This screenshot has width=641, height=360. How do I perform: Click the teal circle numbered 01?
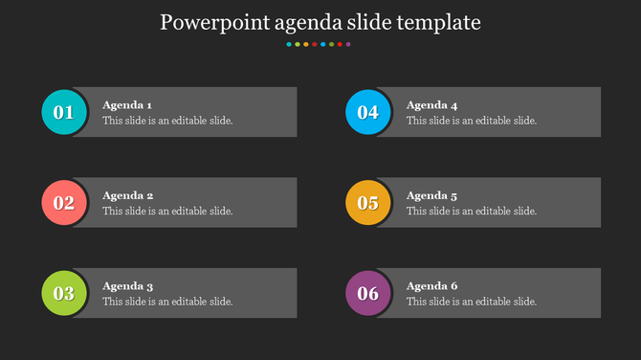click(64, 112)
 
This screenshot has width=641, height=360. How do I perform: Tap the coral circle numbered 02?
click(64, 203)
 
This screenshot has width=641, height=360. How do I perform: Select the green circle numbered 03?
click(64, 293)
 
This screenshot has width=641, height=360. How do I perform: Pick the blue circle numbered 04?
click(368, 112)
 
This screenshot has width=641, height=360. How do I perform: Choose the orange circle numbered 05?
click(368, 203)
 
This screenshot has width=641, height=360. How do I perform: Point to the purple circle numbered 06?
click(368, 293)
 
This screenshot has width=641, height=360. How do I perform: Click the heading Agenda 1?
click(127, 104)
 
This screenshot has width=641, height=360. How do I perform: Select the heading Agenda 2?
click(128, 195)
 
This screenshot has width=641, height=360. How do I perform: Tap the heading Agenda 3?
click(128, 285)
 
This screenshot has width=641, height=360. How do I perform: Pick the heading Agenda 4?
click(432, 104)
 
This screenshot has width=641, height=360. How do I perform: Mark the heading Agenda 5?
click(432, 195)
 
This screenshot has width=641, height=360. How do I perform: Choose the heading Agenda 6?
click(432, 285)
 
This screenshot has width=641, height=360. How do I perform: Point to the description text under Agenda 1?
click(167, 121)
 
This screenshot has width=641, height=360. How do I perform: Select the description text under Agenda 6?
click(472, 302)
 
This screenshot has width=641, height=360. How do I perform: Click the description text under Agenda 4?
click(472, 121)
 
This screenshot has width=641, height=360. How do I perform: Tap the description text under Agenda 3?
click(167, 302)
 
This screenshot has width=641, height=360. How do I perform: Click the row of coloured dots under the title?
click(319, 44)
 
